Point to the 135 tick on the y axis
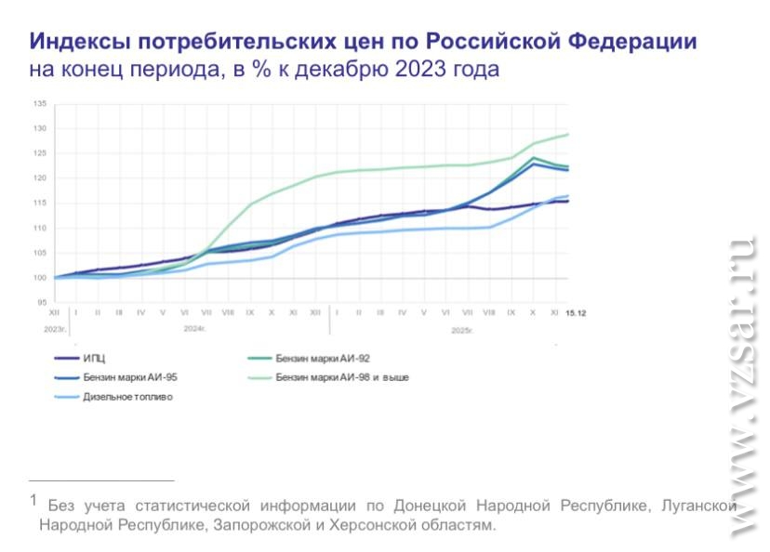coord(40,103)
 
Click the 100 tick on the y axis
coord(40,278)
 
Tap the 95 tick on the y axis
coord(42,303)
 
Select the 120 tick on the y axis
coord(40,178)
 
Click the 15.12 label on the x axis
coord(576,313)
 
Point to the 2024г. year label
coord(194,329)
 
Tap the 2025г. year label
coord(462,330)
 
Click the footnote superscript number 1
coord(33,500)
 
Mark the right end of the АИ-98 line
coord(568,135)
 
